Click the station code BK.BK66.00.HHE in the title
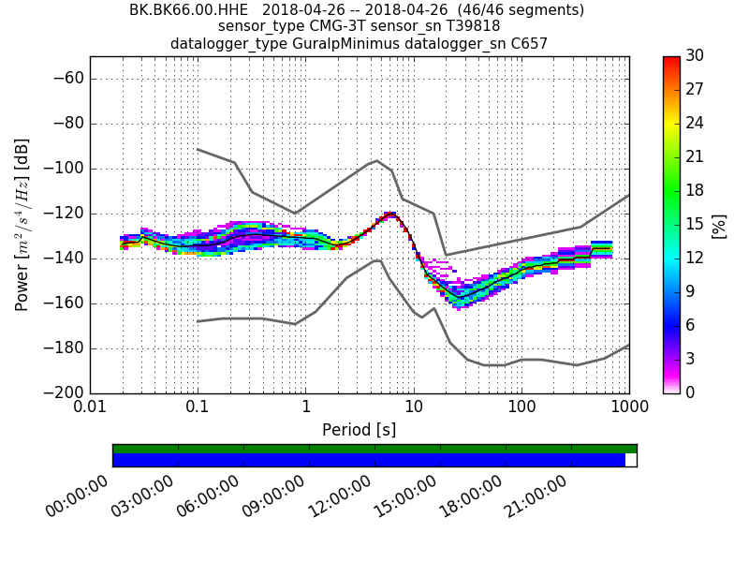(182, 10)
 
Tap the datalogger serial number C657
(528, 43)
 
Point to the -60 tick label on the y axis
(66, 79)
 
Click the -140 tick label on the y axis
(63, 259)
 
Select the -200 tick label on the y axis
(63, 393)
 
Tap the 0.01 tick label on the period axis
(90, 409)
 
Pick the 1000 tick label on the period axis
(628, 409)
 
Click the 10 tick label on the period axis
(414, 409)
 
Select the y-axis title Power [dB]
(22, 225)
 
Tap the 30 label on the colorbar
(695, 56)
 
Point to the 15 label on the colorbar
(695, 225)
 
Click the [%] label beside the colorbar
(720, 225)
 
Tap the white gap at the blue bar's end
(630, 460)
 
